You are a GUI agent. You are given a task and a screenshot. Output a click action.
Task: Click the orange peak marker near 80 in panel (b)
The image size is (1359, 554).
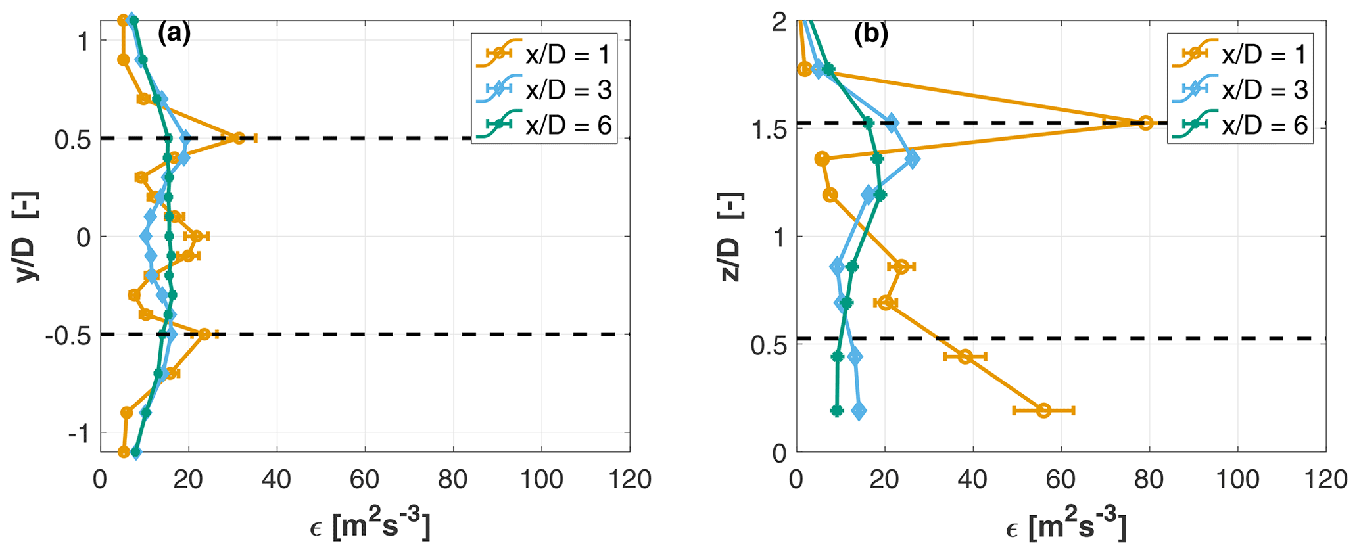tap(1146, 122)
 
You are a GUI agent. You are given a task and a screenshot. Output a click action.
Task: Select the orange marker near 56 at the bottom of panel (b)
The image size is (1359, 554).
tap(1043, 410)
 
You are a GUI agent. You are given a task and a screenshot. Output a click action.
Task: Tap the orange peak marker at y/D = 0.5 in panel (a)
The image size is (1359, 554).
tap(239, 138)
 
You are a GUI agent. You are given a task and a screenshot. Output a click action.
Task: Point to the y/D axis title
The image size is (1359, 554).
tap(28, 237)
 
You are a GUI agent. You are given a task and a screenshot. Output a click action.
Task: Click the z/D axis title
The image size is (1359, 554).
tap(730, 237)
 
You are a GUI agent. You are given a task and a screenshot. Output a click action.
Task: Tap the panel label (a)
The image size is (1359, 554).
tap(174, 33)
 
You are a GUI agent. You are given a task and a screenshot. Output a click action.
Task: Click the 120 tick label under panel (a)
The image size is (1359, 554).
tap(629, 480)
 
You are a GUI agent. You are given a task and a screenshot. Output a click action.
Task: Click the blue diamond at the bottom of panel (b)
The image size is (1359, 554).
tap(858, 411)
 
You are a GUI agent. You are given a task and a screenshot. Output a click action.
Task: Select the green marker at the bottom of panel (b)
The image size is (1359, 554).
tap(836, 411)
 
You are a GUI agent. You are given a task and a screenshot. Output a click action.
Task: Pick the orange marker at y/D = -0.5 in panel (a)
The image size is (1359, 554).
tap(204, 334)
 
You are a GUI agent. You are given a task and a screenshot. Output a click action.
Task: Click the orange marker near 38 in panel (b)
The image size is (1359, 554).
tap(965, 356)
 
